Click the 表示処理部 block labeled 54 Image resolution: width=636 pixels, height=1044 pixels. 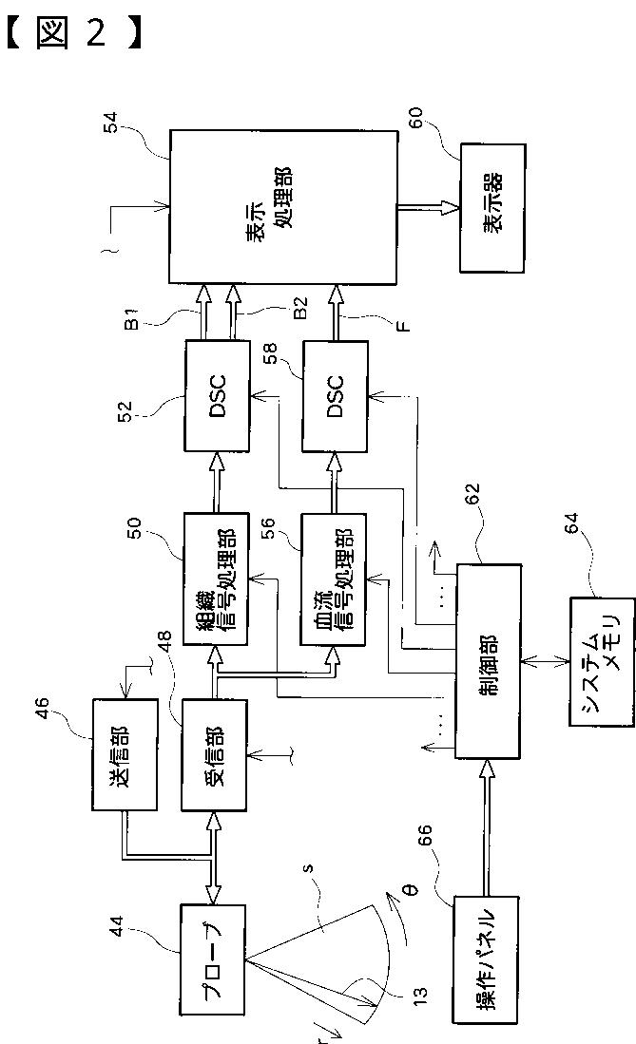click(x=283, y=206)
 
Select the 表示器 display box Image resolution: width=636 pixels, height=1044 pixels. click(x=492, y=208)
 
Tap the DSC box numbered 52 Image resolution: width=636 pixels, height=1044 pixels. click(x=218, y=397)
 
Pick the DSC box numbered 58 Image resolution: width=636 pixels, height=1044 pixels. click(x=335, y=397)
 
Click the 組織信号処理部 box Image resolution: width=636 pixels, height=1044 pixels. click(x=216, y=579)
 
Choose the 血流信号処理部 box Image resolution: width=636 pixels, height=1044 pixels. click(x=334, y=579)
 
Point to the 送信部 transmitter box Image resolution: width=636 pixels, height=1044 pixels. click(x=125, y=754)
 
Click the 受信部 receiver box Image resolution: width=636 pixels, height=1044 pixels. click(x=215, y=754)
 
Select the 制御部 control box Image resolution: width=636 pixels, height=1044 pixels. click(x=488, y=661)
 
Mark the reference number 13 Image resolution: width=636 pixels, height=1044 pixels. click(x=420, y=995)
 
